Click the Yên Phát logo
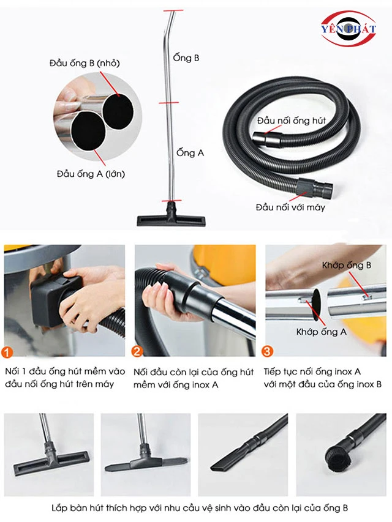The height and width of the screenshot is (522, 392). pyautogui.click(x=349, y=29)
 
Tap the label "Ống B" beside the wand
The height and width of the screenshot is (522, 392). pyautogui.click(x=186, y=58)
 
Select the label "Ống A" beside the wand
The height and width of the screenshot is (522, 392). pyautogui.click(x=190, y=153)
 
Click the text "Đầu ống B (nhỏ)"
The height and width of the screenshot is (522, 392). pyautogui.click(x=85, y=63)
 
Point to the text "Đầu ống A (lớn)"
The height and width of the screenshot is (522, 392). pyautogui.click(x=91, y=173)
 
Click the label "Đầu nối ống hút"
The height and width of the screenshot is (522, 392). pyautogui.click(x=292, y=121)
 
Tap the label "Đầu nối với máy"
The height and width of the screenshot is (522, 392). pyautogui.click(x=290, y=207)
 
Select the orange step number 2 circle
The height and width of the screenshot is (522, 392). pyautogui.click(x=137, y=351)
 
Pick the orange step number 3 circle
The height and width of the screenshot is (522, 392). pyautogui.click(x=267, y=351)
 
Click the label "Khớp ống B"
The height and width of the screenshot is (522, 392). pyautogui.click(x=346, y=265)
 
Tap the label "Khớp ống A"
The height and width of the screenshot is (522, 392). pyautogui.click(x=322, y=332)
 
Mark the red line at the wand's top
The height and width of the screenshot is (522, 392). pyautogui.click(x=173, y=10)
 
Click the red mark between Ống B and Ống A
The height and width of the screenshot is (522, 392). pyautogui.click(x=168, y=103)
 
